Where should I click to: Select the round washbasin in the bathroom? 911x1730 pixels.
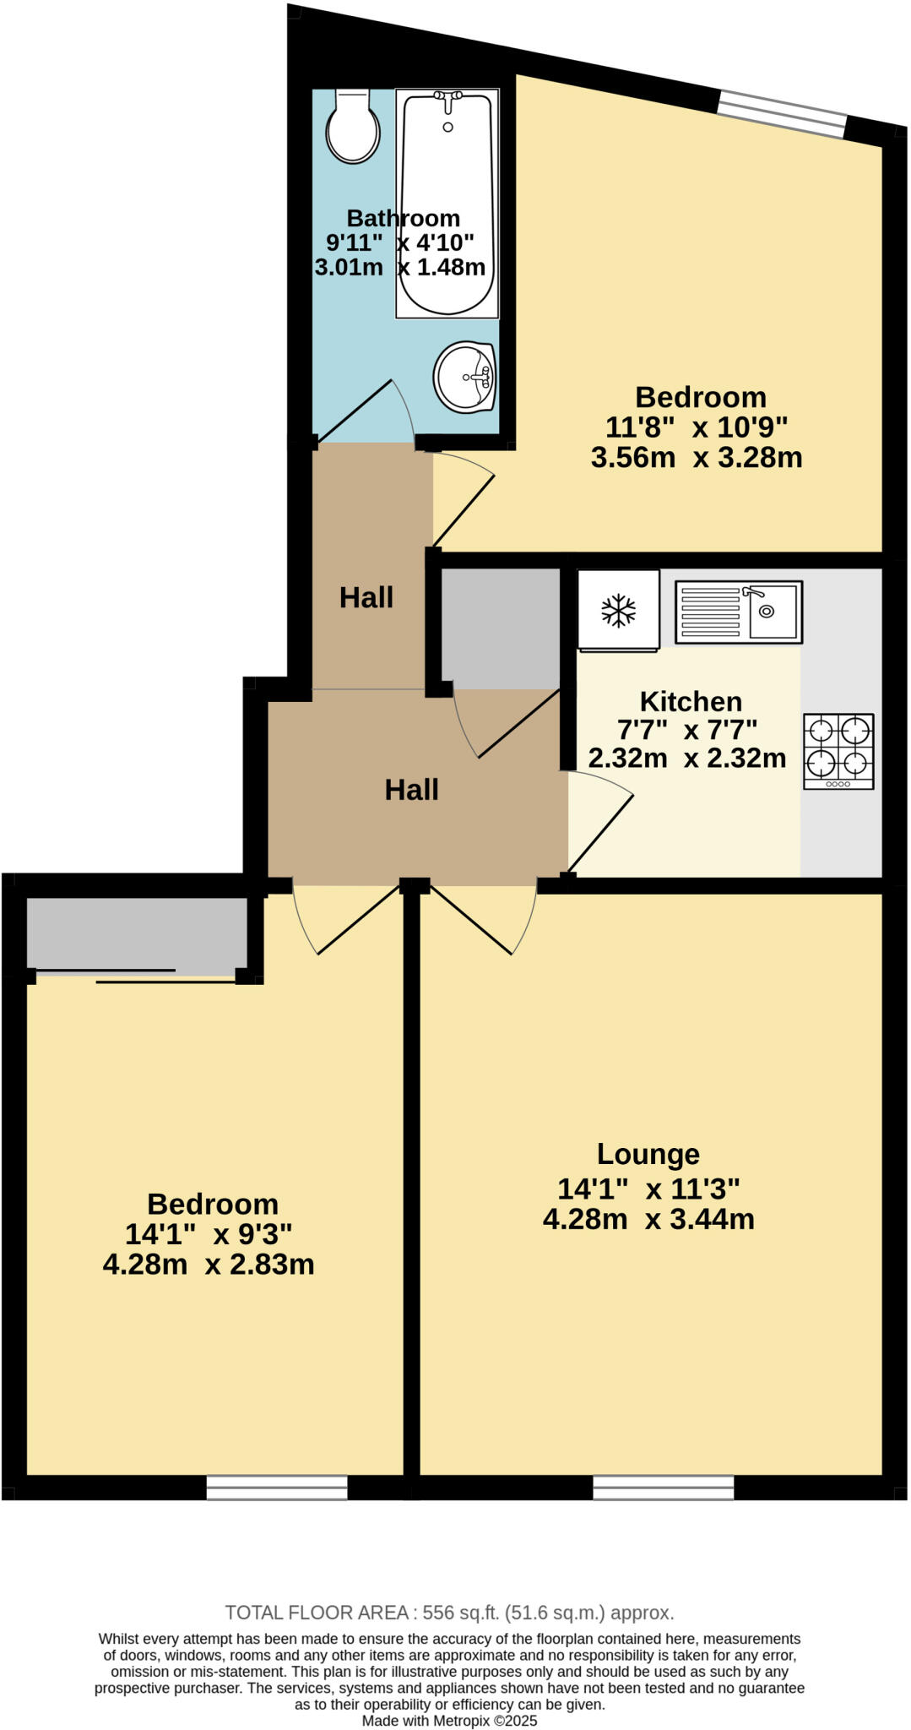click(464, 377)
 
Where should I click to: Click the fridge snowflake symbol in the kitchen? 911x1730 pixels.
click(618, 611)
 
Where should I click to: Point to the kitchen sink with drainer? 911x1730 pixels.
click(738, 612)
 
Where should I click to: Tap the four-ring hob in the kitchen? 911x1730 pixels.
click(838, 751)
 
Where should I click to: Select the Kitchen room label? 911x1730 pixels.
click(691, 701)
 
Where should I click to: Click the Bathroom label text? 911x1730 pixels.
click(403, 218)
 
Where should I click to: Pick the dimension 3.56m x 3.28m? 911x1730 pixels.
click(696, 458)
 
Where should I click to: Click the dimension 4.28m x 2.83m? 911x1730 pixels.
click(209, 1265)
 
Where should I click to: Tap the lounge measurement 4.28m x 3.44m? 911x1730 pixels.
click(648, 1219)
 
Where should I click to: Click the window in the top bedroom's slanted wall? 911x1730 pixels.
click(782, 113)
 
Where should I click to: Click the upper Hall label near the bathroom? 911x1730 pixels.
click(366, 597)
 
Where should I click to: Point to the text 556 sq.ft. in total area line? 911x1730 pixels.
click(461, 1613)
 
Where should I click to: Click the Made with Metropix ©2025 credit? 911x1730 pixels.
click(449, 1720)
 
